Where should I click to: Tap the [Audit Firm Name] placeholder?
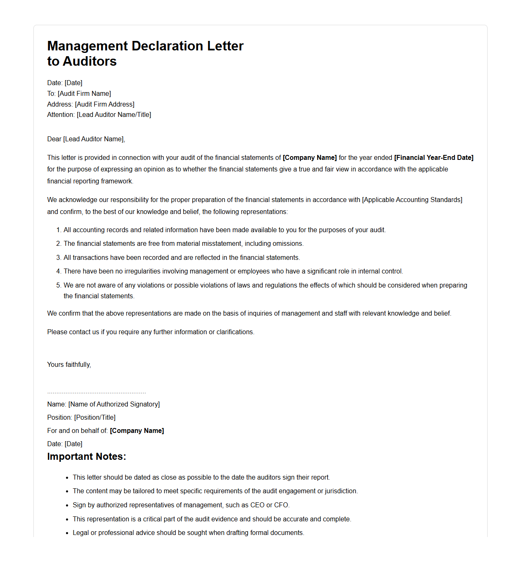84,93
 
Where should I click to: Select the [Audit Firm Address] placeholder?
104,104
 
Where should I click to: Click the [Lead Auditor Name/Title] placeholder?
114,114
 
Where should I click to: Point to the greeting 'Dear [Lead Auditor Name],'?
86,139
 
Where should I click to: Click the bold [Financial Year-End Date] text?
434,157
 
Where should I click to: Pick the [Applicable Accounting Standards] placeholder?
412,200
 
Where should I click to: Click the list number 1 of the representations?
58,230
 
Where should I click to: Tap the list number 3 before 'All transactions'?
58,257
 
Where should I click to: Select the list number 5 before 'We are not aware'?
58,285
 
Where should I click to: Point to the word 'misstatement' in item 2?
220,243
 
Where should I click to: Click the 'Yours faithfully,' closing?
69,364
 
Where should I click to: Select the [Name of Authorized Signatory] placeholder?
114,404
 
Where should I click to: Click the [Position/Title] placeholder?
94,417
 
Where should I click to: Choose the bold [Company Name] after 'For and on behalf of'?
137,430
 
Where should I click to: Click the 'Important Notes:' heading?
86,456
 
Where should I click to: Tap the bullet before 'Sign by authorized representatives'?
67,505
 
